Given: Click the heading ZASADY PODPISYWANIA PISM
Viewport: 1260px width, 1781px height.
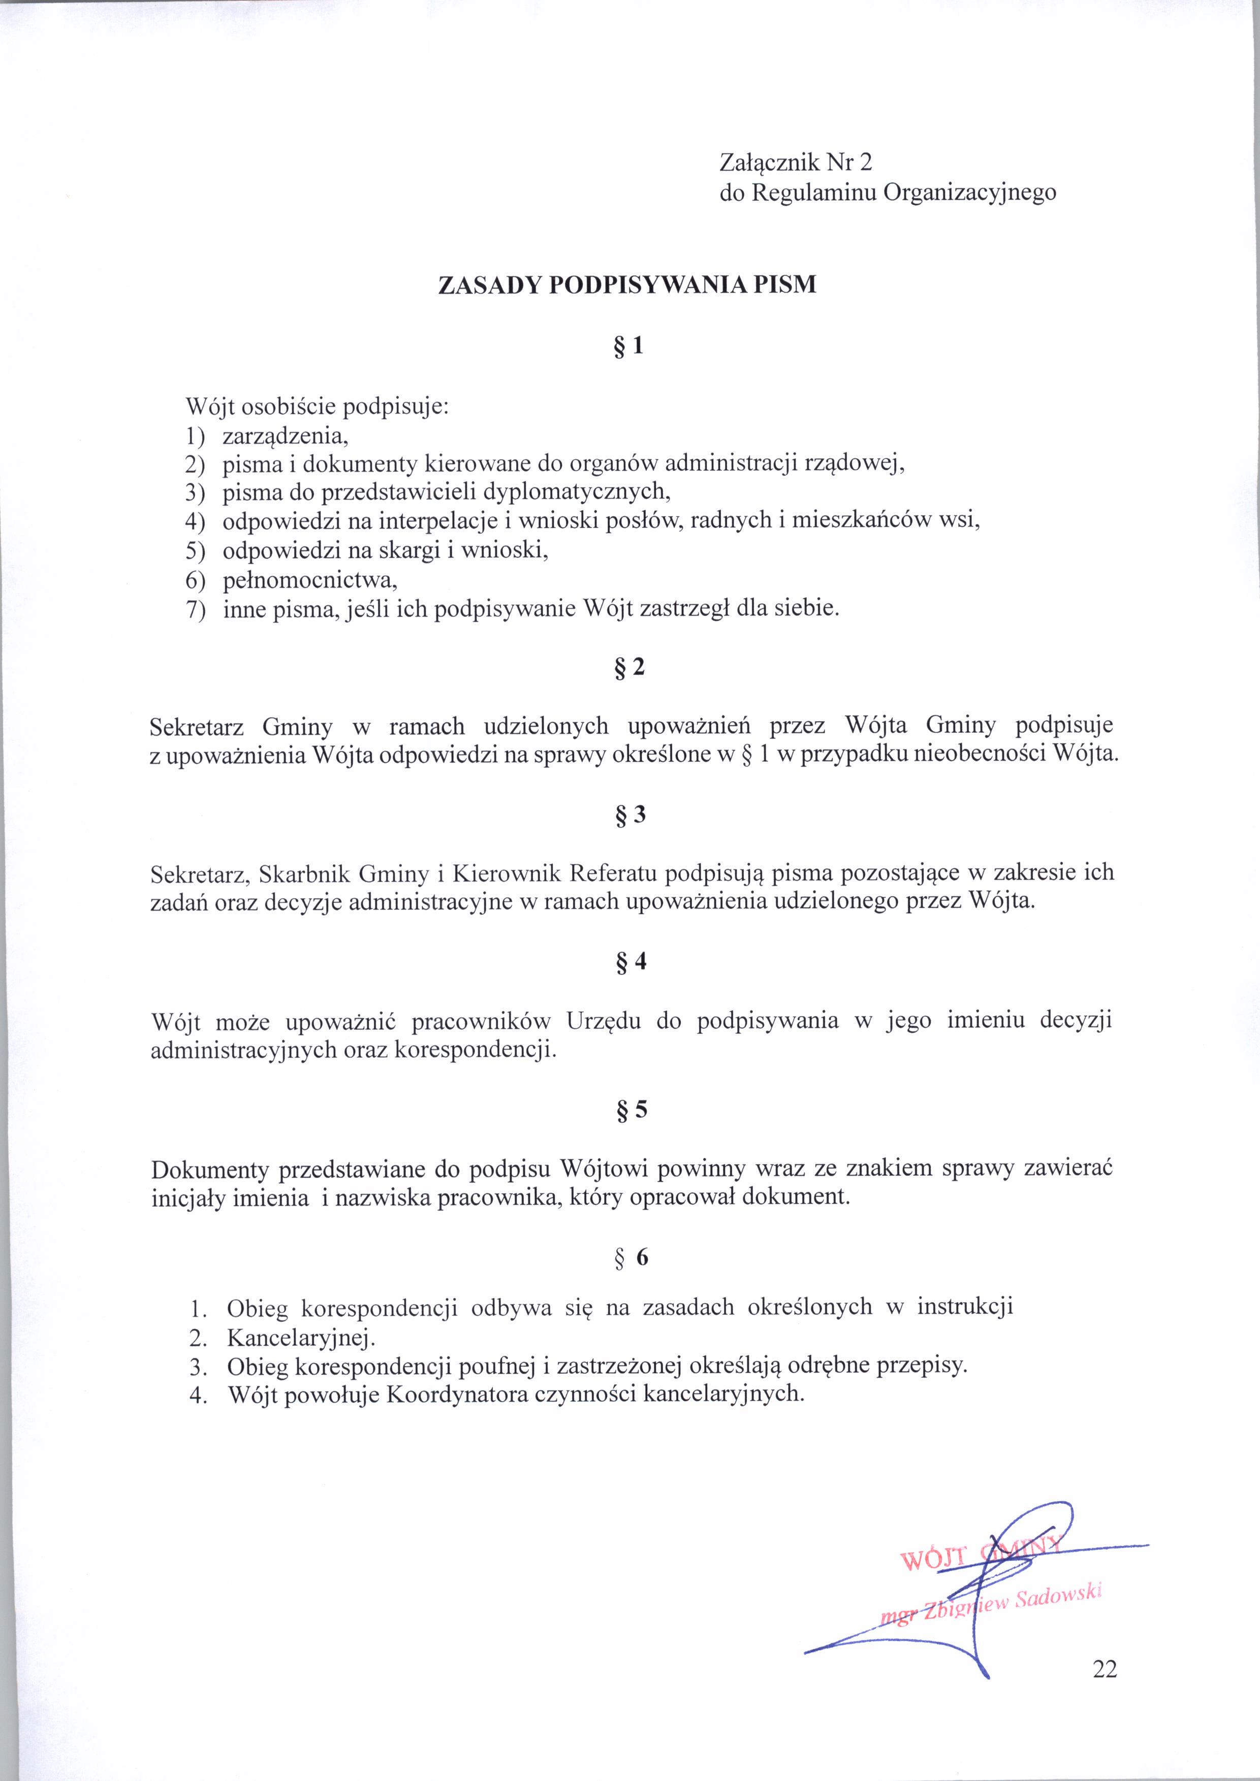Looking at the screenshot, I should click(627, 285).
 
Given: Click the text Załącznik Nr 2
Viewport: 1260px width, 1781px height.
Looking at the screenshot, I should click(796, 163).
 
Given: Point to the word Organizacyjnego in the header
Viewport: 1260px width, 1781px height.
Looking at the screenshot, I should click(969, 192).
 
